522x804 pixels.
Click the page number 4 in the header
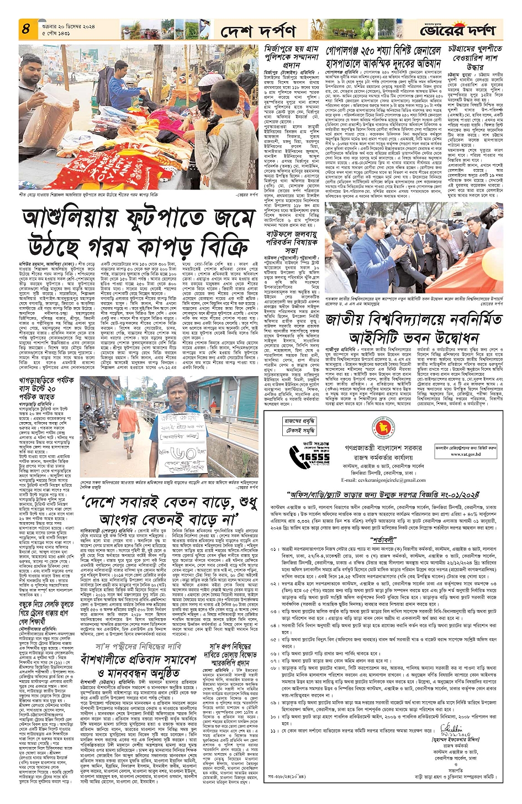click(27, 29)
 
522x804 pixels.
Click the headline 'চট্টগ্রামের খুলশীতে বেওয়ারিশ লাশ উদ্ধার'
click(472, 57)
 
